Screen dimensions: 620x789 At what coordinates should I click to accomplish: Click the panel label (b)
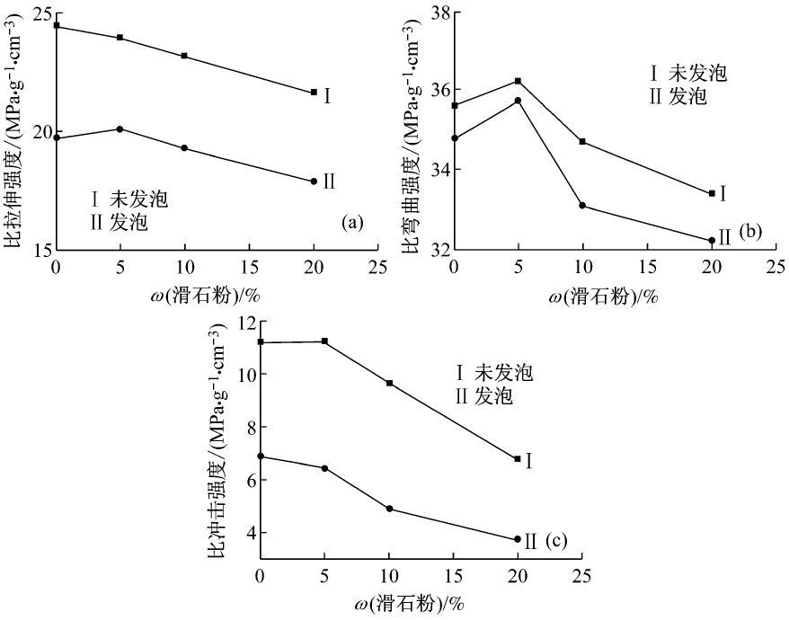pos(749,232)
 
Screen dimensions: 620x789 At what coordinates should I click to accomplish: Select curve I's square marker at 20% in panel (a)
pos(314,92)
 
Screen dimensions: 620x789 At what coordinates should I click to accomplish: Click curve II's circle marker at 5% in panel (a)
pos(120,129)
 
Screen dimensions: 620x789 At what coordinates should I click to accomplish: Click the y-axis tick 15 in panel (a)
pos(40,249)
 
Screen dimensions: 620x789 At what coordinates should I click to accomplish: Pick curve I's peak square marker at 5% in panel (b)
pos(519,81)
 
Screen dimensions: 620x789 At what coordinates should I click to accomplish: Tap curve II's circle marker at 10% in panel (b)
pos(582,206)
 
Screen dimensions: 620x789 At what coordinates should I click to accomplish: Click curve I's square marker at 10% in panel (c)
pos(389,384)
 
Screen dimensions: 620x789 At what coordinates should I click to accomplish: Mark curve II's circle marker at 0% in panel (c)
pos(261,456)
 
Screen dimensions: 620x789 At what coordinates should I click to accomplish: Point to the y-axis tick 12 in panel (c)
pos(244,322)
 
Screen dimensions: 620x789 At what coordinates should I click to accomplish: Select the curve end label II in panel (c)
pos(530,542)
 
